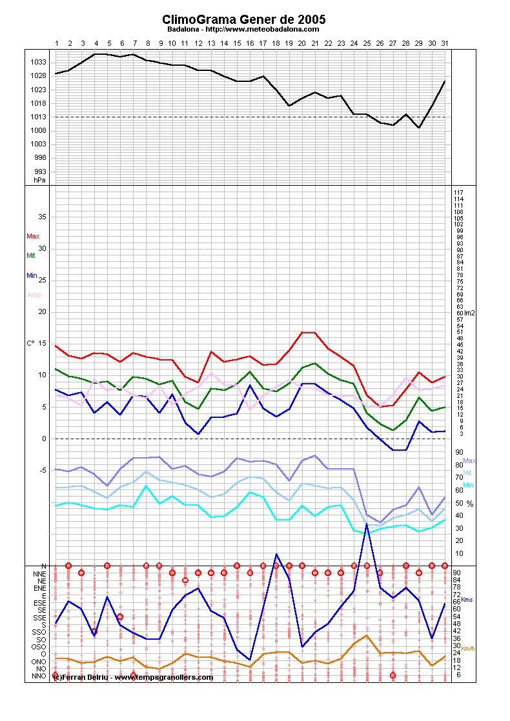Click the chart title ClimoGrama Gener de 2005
[244, 20]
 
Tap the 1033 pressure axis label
[38, 62]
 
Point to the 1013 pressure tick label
[38, 117]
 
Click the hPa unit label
[40, 180]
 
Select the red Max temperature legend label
[32, 236]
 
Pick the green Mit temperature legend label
[30, 255]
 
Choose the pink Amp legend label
[33, 295]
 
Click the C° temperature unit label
[30, 343]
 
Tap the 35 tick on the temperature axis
[42, 217]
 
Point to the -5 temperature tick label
[42, 470]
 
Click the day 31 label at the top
[445, 43]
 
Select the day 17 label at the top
[263, 43]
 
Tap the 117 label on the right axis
[459, 193]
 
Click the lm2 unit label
[471, 313]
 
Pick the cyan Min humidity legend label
[469, 484]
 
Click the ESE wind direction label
[40, 603]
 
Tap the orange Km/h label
[471, 649]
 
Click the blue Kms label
[467, 600]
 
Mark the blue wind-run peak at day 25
[367, 524]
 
